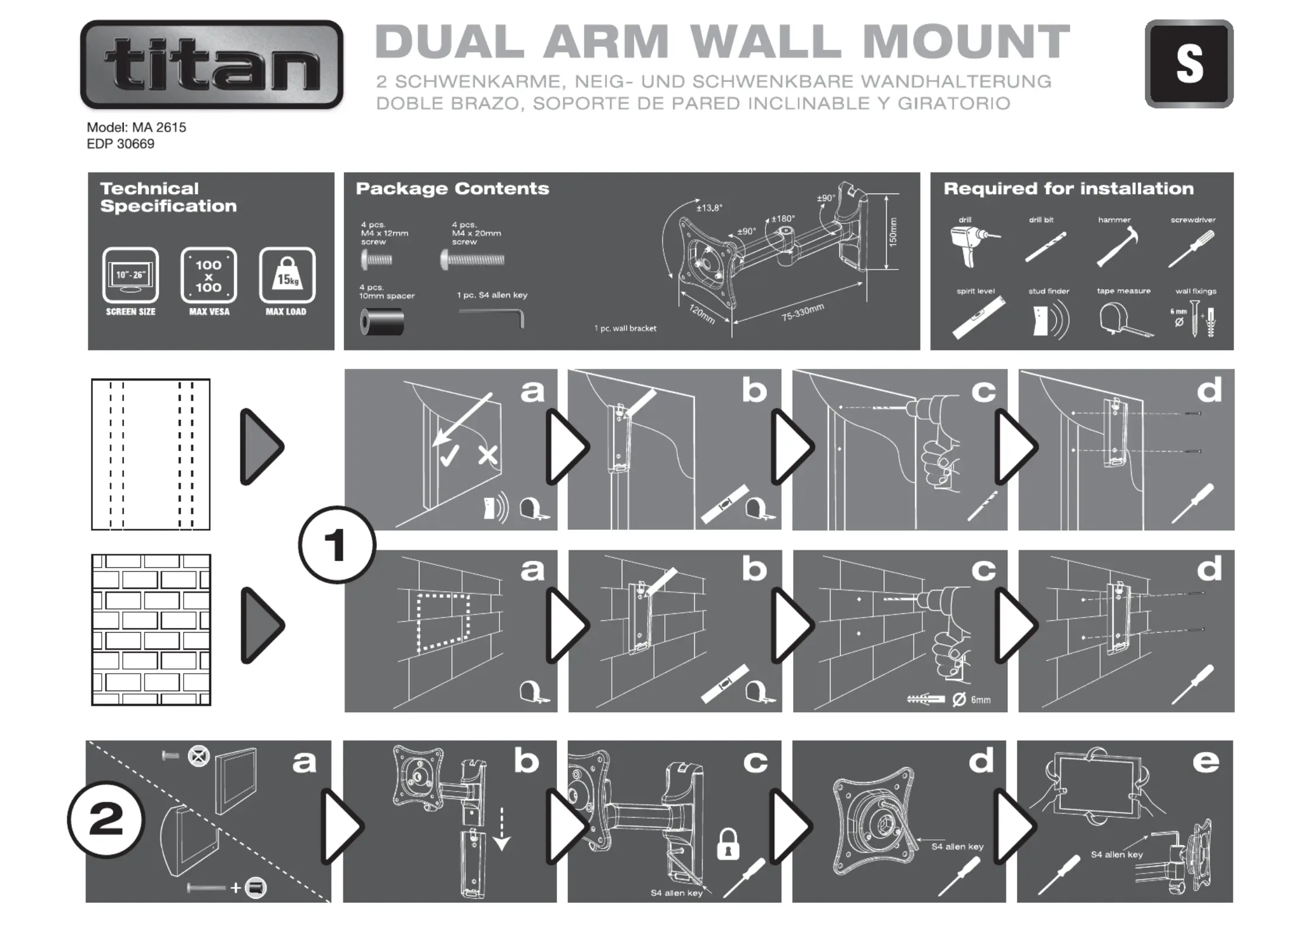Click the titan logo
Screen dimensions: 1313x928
click(x=211, y=64)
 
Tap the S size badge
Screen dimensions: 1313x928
click(x=1188, y=64)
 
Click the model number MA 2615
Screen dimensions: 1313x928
click(x=136, y=127)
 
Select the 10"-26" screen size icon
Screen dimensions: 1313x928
click(x=130, y=275)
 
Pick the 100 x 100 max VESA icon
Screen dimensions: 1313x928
click(x=209, y=275)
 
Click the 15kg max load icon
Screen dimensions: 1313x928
click(x=287, y=275)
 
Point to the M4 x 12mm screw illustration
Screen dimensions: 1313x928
click(x=376, y=260)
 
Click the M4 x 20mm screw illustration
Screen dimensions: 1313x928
click(x=473, y=260)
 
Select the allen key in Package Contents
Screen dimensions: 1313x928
click(x=492, y=316)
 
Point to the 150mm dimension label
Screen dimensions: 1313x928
click(x=893, y=232)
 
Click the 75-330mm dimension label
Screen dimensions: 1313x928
click(x=802, y=312)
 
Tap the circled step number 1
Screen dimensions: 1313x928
click(x=337, y=544)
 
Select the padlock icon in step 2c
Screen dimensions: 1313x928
click(x=728, y=844)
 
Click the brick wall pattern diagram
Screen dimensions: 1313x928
click(x=151, y=630)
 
